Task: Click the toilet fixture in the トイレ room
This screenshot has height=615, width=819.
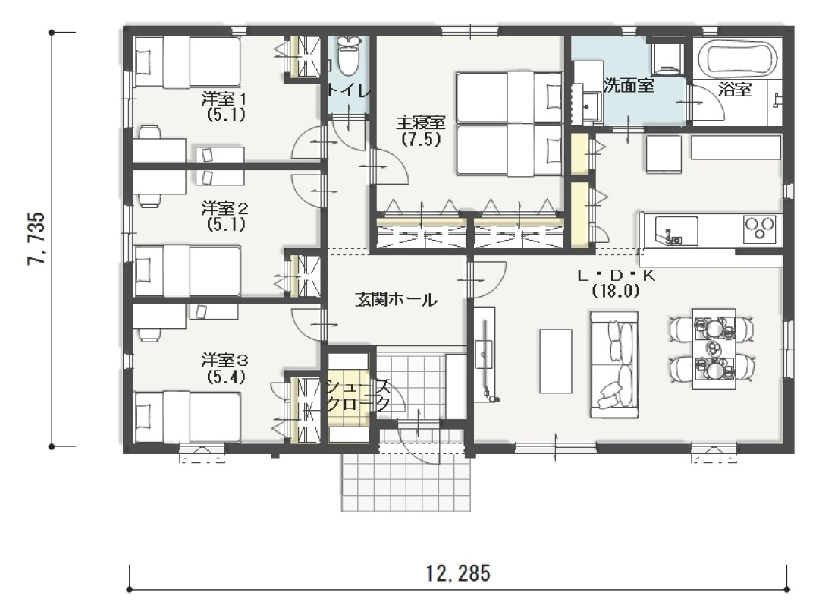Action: coord(349,55)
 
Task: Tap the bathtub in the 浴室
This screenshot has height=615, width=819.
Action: coord(737,58)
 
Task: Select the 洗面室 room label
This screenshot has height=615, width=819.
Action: coord(629,85)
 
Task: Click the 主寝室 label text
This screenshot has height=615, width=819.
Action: coord(420,123)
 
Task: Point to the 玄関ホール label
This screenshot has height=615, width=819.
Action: coord(395,300)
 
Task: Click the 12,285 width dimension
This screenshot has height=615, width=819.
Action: coord(458,574)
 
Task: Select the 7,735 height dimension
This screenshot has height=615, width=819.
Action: coord(36,238)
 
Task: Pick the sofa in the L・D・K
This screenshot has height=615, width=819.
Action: coord(614,364)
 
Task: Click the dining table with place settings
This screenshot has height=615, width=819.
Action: coord(714,348)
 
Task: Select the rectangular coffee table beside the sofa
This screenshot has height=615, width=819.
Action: coord(556,361)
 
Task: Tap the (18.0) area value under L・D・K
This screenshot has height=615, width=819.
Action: coord(616,292)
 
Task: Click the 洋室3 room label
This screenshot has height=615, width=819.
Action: coord(224,360)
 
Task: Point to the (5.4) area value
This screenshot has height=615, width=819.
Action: coord(226,377)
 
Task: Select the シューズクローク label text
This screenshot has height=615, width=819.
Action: coord(358,396)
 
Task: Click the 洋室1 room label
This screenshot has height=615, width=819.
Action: coord(224,98)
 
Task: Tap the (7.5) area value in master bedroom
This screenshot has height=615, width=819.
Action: coord(421,139)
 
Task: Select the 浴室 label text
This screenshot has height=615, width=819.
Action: coord(734,90)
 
